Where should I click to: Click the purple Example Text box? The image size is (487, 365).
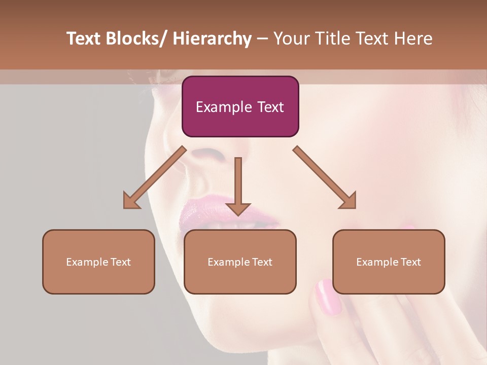click(240, 106)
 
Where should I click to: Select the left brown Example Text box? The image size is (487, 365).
click(98, 262)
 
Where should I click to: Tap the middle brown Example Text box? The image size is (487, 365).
click(240, 262)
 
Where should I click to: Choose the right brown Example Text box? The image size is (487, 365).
click(389, 262)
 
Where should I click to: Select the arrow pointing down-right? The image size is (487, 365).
click(325, 178)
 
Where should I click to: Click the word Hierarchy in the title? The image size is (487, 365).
click(212, 39)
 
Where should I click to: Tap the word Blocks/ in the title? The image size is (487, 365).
click(137, 39)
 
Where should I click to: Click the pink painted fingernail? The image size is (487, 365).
click(328, 297)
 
